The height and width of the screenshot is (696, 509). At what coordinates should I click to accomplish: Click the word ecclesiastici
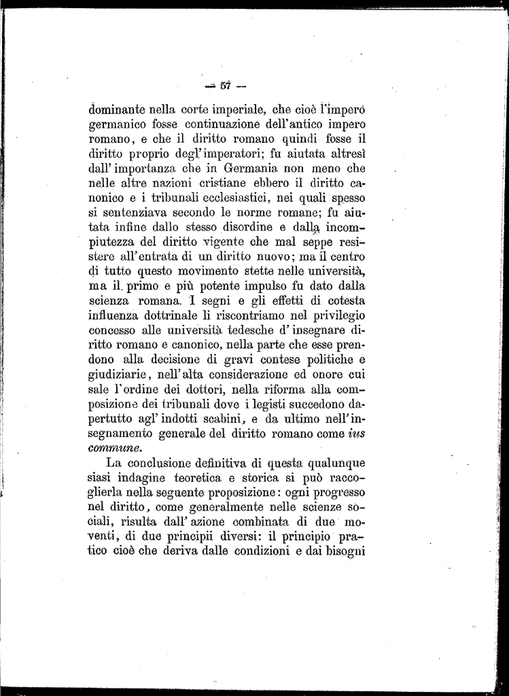click(x=247, y=198)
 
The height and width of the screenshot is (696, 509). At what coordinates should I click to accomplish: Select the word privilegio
click(x=332, y=316)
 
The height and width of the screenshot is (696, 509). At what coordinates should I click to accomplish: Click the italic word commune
click(x=116, y=449)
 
